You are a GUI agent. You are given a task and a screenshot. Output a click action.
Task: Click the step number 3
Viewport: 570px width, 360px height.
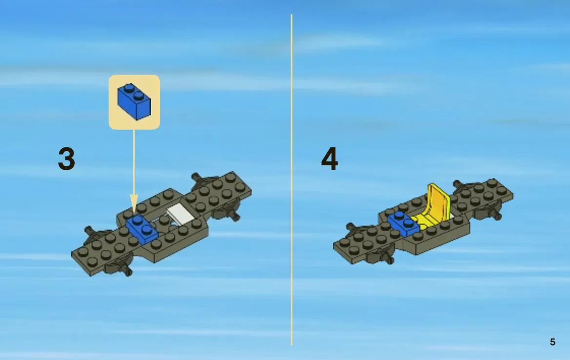pyautogui.click(x=66, y=159)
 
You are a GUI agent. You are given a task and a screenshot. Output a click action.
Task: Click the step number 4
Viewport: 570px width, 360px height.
pyautogui.click(x=329, y=159)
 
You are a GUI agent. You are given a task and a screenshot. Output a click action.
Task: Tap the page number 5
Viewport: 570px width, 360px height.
pyautogui.click(x=552, y=342)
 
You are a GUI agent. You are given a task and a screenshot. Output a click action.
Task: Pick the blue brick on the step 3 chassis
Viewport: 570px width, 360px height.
pyautogui.click(x=142, y=228)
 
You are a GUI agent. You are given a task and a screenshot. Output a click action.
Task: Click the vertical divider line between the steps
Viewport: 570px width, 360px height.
pyautogui.click(x=292, y=180)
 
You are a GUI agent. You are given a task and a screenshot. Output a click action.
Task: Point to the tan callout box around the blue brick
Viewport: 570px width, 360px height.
pyautogui.click(x=134, y=102)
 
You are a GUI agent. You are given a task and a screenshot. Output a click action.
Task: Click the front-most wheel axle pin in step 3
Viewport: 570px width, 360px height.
pyautogui.click(x=127, y=271)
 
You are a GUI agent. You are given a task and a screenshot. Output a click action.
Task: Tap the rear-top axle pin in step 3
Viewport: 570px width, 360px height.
pyautogui.click(x=197, y=177)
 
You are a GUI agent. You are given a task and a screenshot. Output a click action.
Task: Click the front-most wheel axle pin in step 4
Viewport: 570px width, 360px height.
pyautogui.click(x=389, y=259)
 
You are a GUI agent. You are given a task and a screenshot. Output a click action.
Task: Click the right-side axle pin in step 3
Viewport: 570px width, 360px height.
pyautogui.click(x=235, y=217)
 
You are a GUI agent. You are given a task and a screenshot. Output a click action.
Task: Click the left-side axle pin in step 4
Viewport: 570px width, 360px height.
pyautogui.click(x=351, y=227)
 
